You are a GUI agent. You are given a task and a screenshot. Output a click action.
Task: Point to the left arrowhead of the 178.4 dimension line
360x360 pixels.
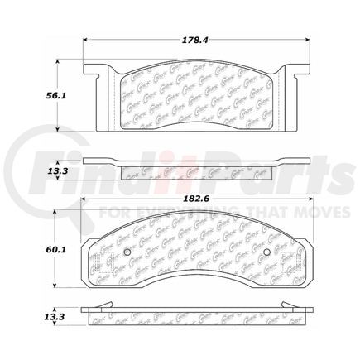pos(86,42)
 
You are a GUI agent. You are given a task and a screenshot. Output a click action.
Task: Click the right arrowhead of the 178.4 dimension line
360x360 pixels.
pos(307,42)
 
